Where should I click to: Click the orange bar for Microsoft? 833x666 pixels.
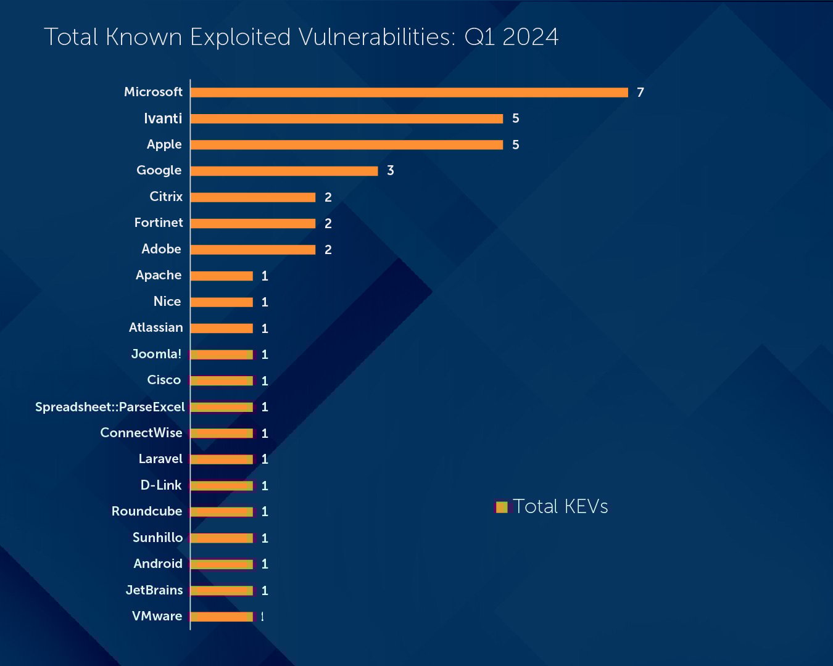[x=409, y=92]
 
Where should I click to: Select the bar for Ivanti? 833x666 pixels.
[x=347, y=118]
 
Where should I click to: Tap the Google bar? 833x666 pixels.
[x=284, y=171]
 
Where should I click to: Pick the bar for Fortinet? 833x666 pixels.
[x=253, y=223]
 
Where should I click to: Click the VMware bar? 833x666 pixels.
[x=222, y=617]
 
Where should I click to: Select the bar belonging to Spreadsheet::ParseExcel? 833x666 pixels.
[x=222, y=407]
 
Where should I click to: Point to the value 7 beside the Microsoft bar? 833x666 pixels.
[x=640, y=92]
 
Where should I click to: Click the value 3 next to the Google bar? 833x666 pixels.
[x=390, y=171]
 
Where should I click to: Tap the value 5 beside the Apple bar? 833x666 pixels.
[x=515, y=145]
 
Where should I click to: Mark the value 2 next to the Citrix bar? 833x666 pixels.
[x=328, y=197]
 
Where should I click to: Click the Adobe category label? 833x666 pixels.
[x=161, y=249]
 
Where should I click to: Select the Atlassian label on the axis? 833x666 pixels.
[x=155, y=327]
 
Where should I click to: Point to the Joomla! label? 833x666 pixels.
[x=156, y=354]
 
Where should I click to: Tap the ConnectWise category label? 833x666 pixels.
[x=141, y=433]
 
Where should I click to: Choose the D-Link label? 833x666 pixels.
[x=160, y=485]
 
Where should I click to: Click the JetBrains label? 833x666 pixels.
[x=154, y=590]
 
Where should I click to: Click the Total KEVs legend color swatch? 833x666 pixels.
[x=502, y=507]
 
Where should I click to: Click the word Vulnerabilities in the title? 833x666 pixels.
[x=377, y=37]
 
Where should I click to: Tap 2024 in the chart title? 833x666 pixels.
[x=530, y=37]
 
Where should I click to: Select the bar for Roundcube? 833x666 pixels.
[x=222, y=512]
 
